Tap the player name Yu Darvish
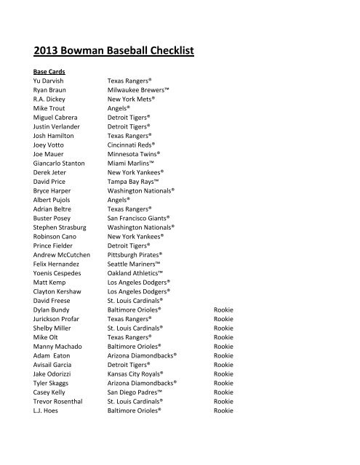pos(49,81)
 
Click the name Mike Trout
pos(48,108)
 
